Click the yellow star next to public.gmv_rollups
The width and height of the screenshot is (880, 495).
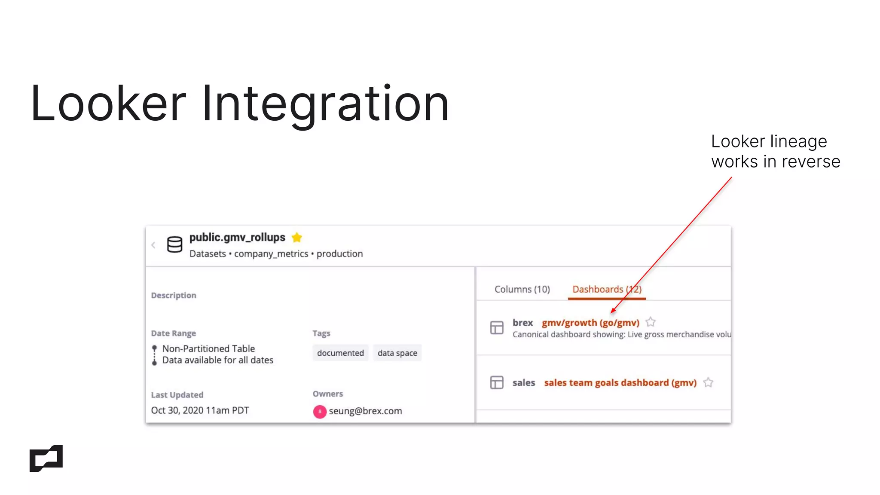point(297,237)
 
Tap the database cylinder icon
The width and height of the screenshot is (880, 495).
point(174,244)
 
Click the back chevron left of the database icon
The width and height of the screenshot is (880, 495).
point(153,245)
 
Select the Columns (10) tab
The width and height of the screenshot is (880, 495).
point(522,289)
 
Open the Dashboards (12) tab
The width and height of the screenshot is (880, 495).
point(607,289)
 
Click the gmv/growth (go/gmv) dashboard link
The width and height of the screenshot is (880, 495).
point(590,323)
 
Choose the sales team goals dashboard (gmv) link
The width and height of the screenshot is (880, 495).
point(620,382)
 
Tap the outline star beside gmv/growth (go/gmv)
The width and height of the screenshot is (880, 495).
point(651,322)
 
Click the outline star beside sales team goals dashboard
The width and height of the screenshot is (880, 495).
point(708,382)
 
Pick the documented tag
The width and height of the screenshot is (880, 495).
point(340,353)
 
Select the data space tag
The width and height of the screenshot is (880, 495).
point(397,353)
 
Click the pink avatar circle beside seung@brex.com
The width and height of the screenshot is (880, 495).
point(320,411)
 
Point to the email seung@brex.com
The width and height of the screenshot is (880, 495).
point(365,411)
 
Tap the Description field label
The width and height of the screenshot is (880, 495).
point(174,295)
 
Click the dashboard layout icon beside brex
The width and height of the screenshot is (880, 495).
point(497,328)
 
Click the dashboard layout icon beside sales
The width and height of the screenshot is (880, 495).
point(497,382)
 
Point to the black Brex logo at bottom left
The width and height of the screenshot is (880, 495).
point(46,458)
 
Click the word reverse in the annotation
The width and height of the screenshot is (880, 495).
point(811,162)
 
